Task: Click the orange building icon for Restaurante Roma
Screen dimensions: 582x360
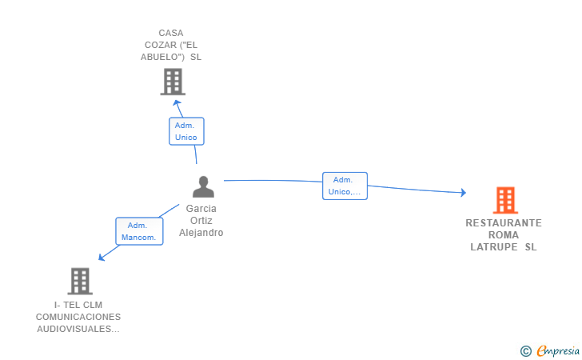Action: pos(505,200)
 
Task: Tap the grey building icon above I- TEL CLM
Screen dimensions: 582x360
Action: pos(80,281)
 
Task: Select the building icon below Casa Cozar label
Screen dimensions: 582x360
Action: pos(173,82)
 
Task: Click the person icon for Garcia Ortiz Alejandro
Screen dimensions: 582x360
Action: pos(203,186)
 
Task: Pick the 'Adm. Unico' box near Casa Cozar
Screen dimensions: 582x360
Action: pos(186,131)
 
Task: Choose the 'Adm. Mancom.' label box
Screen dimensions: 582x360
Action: pos(139,231)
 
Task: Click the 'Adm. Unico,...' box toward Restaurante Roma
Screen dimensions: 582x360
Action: pos(345,186)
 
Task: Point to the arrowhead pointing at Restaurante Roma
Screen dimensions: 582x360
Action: pos(463,192)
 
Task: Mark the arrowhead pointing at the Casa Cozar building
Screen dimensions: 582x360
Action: pos(177,103)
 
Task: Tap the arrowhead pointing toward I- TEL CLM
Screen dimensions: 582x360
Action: pos(101,257)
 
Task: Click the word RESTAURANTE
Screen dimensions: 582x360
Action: pos(504,223)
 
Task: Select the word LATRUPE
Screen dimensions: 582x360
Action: pos(494,247)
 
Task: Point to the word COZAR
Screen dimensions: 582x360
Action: pos(161,45)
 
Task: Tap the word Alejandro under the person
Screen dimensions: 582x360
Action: pos(201,233)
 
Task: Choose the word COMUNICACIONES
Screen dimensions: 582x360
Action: pos(78,317)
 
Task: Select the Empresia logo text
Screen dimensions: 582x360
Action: pos(558,350)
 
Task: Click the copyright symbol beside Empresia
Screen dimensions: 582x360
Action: pos(526,351)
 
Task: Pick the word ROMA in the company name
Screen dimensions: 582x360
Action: pos(504,235)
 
